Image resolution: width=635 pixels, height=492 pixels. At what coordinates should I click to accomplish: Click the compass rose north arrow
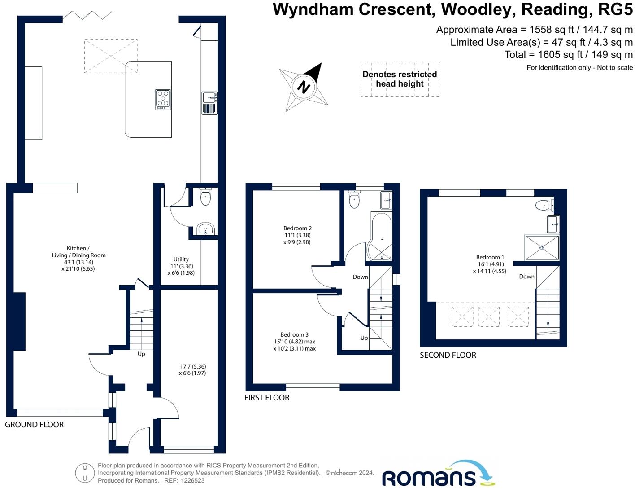click(304, 86)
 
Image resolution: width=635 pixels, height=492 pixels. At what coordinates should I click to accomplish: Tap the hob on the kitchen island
click(163, 100)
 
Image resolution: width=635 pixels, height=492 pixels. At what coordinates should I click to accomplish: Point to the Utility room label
click(181, 259)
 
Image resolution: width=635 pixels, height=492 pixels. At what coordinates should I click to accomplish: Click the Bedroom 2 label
click(297, 228)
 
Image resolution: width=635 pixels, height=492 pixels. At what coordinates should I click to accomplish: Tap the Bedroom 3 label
click(294, 334)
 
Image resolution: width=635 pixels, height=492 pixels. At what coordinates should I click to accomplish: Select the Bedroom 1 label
click(490, 257)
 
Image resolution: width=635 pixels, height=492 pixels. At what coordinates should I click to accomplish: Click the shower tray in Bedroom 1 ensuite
click(542, 247)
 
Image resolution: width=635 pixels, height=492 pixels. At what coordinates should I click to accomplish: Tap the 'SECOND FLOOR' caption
click(448, 355)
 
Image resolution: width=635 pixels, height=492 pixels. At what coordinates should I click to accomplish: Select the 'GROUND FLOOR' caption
click(34, 425)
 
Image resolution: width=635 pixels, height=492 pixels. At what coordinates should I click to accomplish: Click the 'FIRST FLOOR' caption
click(266, 398)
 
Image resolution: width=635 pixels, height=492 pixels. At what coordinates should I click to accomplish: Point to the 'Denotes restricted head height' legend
click(400, 79)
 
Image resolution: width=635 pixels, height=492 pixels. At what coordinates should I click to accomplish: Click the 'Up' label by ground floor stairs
click(141, 354)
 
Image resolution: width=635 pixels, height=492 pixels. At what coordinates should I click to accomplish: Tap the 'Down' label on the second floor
click(526, 277)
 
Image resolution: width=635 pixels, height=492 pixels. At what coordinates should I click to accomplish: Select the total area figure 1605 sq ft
click(568, 55)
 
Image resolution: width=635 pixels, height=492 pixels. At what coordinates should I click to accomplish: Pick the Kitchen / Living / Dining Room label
click(78, 255)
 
